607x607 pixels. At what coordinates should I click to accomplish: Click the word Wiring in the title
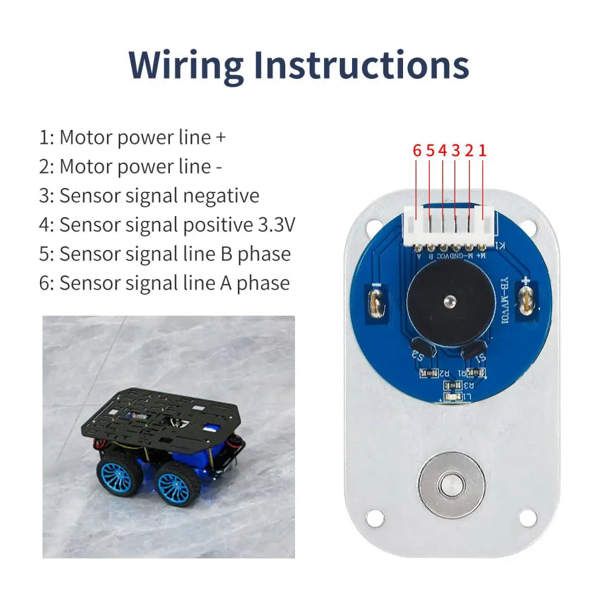coord(187,65)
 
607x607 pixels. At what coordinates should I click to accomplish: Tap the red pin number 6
coord(417,151)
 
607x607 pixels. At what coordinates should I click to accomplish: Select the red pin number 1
coord(483,151)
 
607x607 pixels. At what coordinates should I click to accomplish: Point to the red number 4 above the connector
coord(443,151)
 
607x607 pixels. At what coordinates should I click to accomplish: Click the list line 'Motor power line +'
coord(132,137)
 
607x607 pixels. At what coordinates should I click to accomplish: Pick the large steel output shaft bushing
coord(452,484)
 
